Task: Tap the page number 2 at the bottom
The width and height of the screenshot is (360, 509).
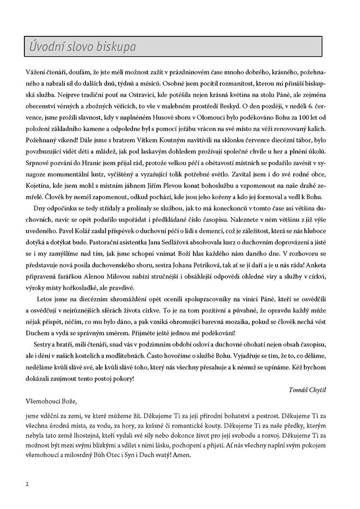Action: (x=27, y=484)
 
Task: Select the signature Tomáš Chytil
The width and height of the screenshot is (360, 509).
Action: (x=314, y=388)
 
